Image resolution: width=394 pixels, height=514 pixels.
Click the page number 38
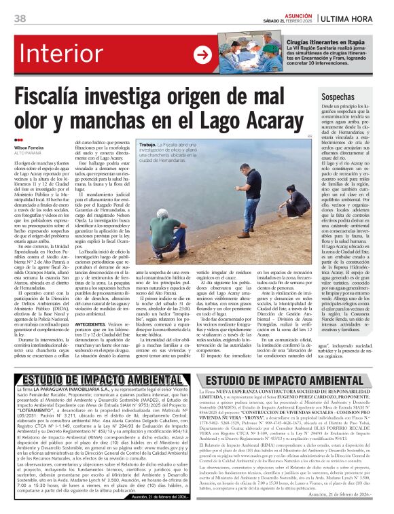click(x=20, y=18)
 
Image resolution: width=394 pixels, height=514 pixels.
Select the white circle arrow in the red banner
click(x=202, y=55)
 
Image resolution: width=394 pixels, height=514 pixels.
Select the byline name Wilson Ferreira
click(x=30, y=148)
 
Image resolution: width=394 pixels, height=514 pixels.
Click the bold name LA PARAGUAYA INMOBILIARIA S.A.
click(x=74, y=388)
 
